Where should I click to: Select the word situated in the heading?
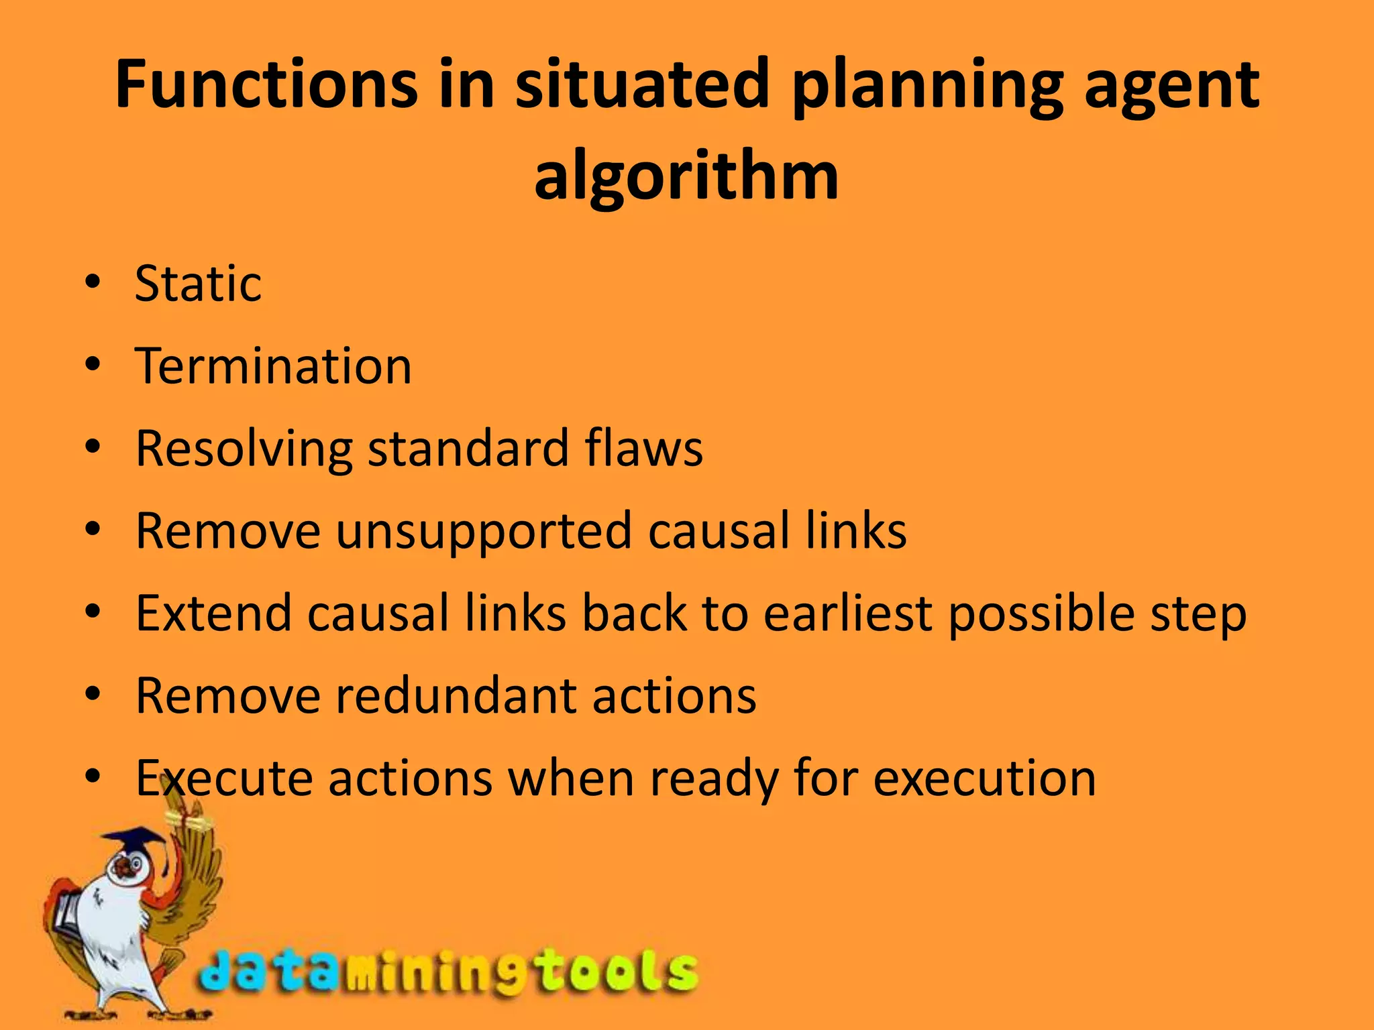coord(642,85)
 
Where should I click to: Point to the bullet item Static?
coord(198,284)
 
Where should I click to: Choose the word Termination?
coord(273,366)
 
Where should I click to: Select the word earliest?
coord(848,613)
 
